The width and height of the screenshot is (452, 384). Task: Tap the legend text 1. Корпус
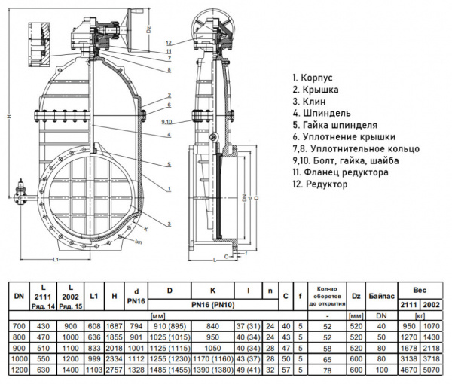click(x=311, y=77)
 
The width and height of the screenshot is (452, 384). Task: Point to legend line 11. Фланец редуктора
click(x=340, y=172)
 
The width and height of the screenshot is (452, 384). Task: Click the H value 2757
click(x=114, y=370)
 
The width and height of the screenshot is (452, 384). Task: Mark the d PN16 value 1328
click(x=136, y=370)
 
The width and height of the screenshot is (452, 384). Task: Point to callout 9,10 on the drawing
click(x=167, y=120)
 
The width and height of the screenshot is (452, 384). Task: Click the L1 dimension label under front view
click(x=57, y=260)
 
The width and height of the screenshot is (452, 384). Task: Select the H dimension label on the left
click(x=7, y=116)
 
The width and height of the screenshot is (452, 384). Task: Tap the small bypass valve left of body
click(x=21, y=200)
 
